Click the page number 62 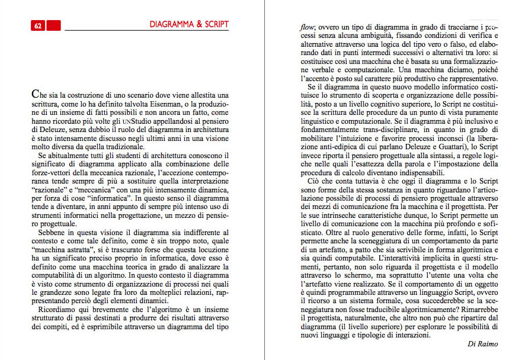tap(37, 25)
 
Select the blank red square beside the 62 tap(53, 25)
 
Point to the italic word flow tap(308, 27)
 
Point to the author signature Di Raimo tap(484, 345)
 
